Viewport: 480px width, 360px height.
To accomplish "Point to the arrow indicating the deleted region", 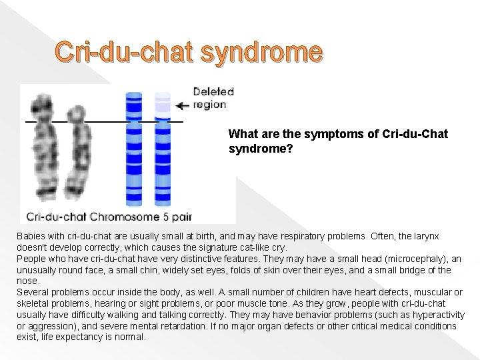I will pos(182,105).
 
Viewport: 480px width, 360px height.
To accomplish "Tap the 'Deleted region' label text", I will pos(209,98).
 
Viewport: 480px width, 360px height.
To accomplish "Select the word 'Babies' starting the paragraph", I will pos(31,237).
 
